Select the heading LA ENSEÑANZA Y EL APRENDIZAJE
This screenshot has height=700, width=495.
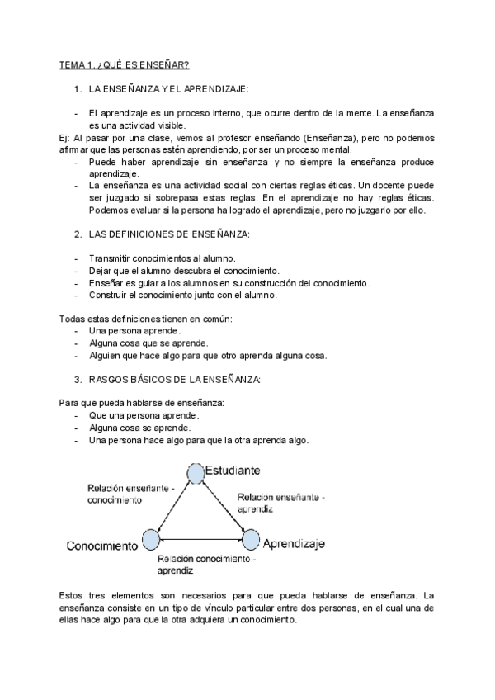click(173, 88)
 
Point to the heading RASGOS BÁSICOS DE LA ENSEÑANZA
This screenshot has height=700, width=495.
click(175, 379)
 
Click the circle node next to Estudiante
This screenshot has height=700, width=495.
click(195, 472)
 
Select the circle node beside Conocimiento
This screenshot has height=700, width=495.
click(150, 541)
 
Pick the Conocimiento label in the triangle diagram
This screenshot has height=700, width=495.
click(102, 546)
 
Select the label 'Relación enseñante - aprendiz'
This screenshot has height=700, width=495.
click(280, 504)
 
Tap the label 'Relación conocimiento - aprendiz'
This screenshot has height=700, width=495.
click(206, 565)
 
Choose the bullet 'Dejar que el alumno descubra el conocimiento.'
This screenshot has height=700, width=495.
click(183, 271)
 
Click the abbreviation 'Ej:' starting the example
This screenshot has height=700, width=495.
click(66, 138)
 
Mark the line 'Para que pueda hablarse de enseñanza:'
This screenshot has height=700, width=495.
click(142, 403)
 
